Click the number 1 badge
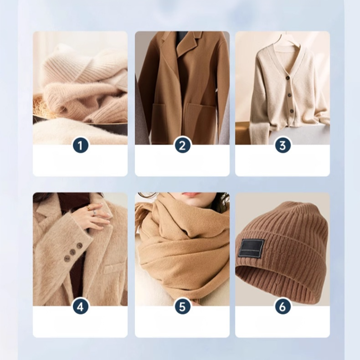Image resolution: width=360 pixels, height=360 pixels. coord(80,145)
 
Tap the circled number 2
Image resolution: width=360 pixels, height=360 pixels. coord(182,145)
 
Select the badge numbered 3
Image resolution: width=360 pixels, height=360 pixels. coord(283,145)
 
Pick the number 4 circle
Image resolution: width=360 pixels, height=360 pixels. coord(80,307)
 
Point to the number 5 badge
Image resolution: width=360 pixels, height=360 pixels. coord(182,307)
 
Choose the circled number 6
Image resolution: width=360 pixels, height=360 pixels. coord(283,307)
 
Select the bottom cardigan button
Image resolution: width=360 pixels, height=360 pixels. coord(286,111)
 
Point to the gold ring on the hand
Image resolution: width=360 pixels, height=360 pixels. coord(89,208)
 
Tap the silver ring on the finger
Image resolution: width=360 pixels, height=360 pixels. coord(94,213)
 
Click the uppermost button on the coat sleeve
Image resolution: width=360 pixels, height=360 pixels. coord(79,245)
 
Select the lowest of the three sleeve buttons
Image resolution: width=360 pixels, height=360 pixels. coord(67,259)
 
